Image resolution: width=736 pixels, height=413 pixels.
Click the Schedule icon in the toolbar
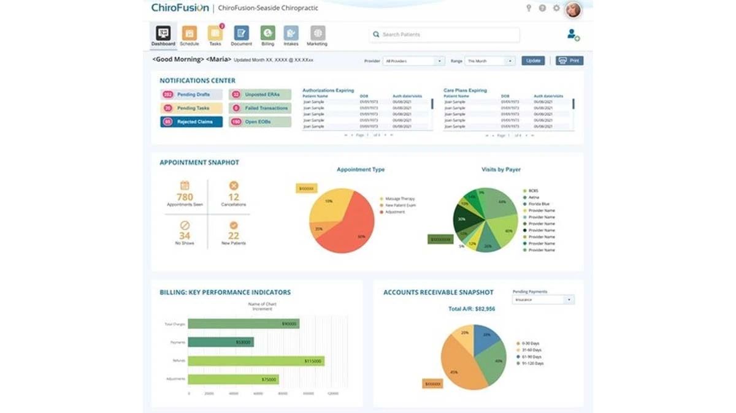tap(189, 34)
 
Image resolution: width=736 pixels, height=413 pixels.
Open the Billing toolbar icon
tap(267, 34)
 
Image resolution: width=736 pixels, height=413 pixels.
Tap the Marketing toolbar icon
tap(317, 34)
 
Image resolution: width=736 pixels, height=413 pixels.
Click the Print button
tap(569, 61)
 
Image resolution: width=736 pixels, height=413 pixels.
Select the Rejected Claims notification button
tap(191, 122)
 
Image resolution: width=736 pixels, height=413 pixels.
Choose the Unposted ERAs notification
tap(259, 95)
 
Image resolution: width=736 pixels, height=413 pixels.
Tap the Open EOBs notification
tap(259, 122)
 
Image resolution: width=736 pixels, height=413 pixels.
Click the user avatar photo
tap(573, 9)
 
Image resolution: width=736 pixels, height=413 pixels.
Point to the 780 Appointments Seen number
tap(185, 197)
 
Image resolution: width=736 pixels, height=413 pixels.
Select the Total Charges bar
tap(243, 324)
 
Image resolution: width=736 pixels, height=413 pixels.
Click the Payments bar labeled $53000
tap(221, 342)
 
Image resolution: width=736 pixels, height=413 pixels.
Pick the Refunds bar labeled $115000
tap(256, 362)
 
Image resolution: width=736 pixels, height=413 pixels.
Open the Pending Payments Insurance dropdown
tap(543, 300)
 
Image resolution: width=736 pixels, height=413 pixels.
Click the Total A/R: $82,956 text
tap(472, 309)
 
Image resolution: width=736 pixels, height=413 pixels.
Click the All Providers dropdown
tap(413, 61)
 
